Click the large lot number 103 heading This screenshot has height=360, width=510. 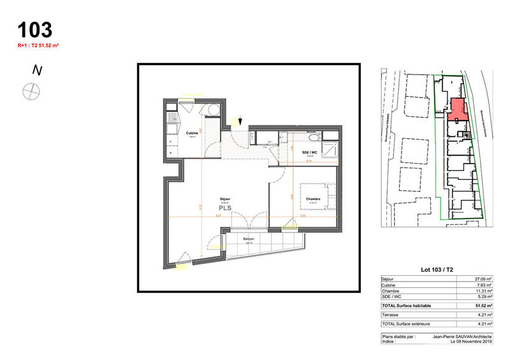click(35, 29)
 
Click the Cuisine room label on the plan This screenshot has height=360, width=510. click(191, 134)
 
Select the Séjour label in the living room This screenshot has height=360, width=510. click(225, 199)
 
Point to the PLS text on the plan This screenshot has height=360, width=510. click(225, 207)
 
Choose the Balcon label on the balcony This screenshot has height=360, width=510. click(249, 239)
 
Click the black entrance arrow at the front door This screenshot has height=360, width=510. click(240, 121)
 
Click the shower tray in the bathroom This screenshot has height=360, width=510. click(331, 151)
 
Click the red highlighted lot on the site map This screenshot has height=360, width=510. click(456, 110)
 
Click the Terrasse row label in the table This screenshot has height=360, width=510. click(390, 315)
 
